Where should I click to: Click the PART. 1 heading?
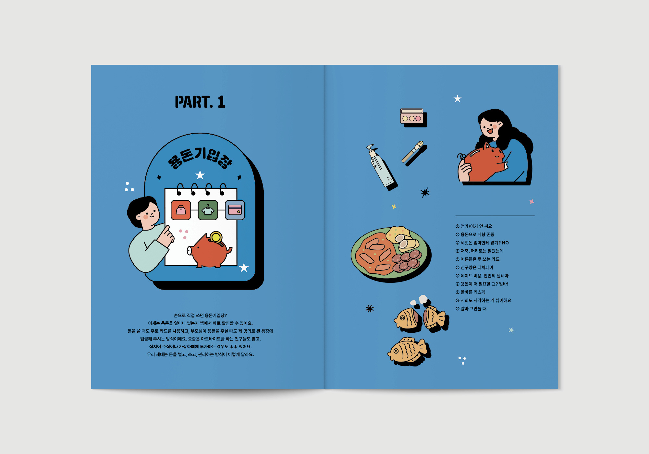point(200,102)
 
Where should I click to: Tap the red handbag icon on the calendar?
point(181,210)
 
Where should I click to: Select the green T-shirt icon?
point(208,210)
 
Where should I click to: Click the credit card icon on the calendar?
point(235,210)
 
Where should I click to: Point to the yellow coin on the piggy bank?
point(216,237)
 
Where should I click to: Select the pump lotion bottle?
point(381,167)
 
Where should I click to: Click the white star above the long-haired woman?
point(458,99)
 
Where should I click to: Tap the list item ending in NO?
point(482,243)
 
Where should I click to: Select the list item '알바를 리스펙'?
point(471,292)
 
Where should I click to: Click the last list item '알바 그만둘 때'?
point(471,309)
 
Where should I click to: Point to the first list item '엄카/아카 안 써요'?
point(474,226)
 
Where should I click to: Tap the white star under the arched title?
point(200,175)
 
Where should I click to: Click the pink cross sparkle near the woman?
point(532,202)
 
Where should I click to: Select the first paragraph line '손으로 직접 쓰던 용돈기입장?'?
point(200,315)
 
